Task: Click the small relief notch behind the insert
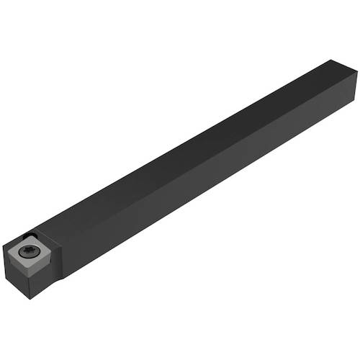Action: (32, 233)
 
